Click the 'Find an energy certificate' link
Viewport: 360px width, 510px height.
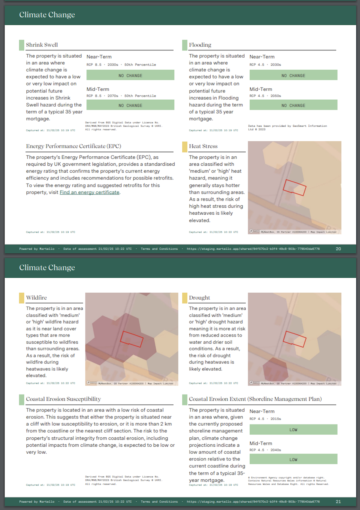tap(89, 192)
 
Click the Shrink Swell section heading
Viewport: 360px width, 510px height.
tap(42, 45)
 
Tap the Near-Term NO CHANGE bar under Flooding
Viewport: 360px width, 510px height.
tap(293, 75)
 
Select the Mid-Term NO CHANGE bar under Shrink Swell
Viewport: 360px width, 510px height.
tap(130, 105)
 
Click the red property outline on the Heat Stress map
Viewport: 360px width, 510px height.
tap(294, 188)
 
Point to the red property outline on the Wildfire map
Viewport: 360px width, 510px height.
tap(131, 339)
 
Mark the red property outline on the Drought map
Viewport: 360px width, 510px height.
tap(294, 339)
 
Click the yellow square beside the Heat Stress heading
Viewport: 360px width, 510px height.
tap(184, 146)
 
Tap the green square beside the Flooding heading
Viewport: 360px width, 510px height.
tap(184, 45)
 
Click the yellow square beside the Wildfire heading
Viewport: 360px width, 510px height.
tap(22, 298)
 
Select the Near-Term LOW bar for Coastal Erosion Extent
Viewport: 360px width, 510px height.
tap(293, 430)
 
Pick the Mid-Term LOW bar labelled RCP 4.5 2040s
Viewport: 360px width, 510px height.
tap(293, 459)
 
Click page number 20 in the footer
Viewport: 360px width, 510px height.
tap(338, 249)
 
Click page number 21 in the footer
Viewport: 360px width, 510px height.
tap(338, 502)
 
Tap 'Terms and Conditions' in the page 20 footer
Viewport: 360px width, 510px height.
tap(159, 249)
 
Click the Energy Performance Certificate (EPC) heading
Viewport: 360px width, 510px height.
tap(73, 146)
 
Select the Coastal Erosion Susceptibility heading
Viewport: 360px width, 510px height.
tap(63, 399)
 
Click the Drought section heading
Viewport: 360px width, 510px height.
tap(199, 298)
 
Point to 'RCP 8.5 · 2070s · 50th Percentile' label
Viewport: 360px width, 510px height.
tap(121, 96)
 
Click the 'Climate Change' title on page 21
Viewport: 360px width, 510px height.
tap(47, 267)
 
